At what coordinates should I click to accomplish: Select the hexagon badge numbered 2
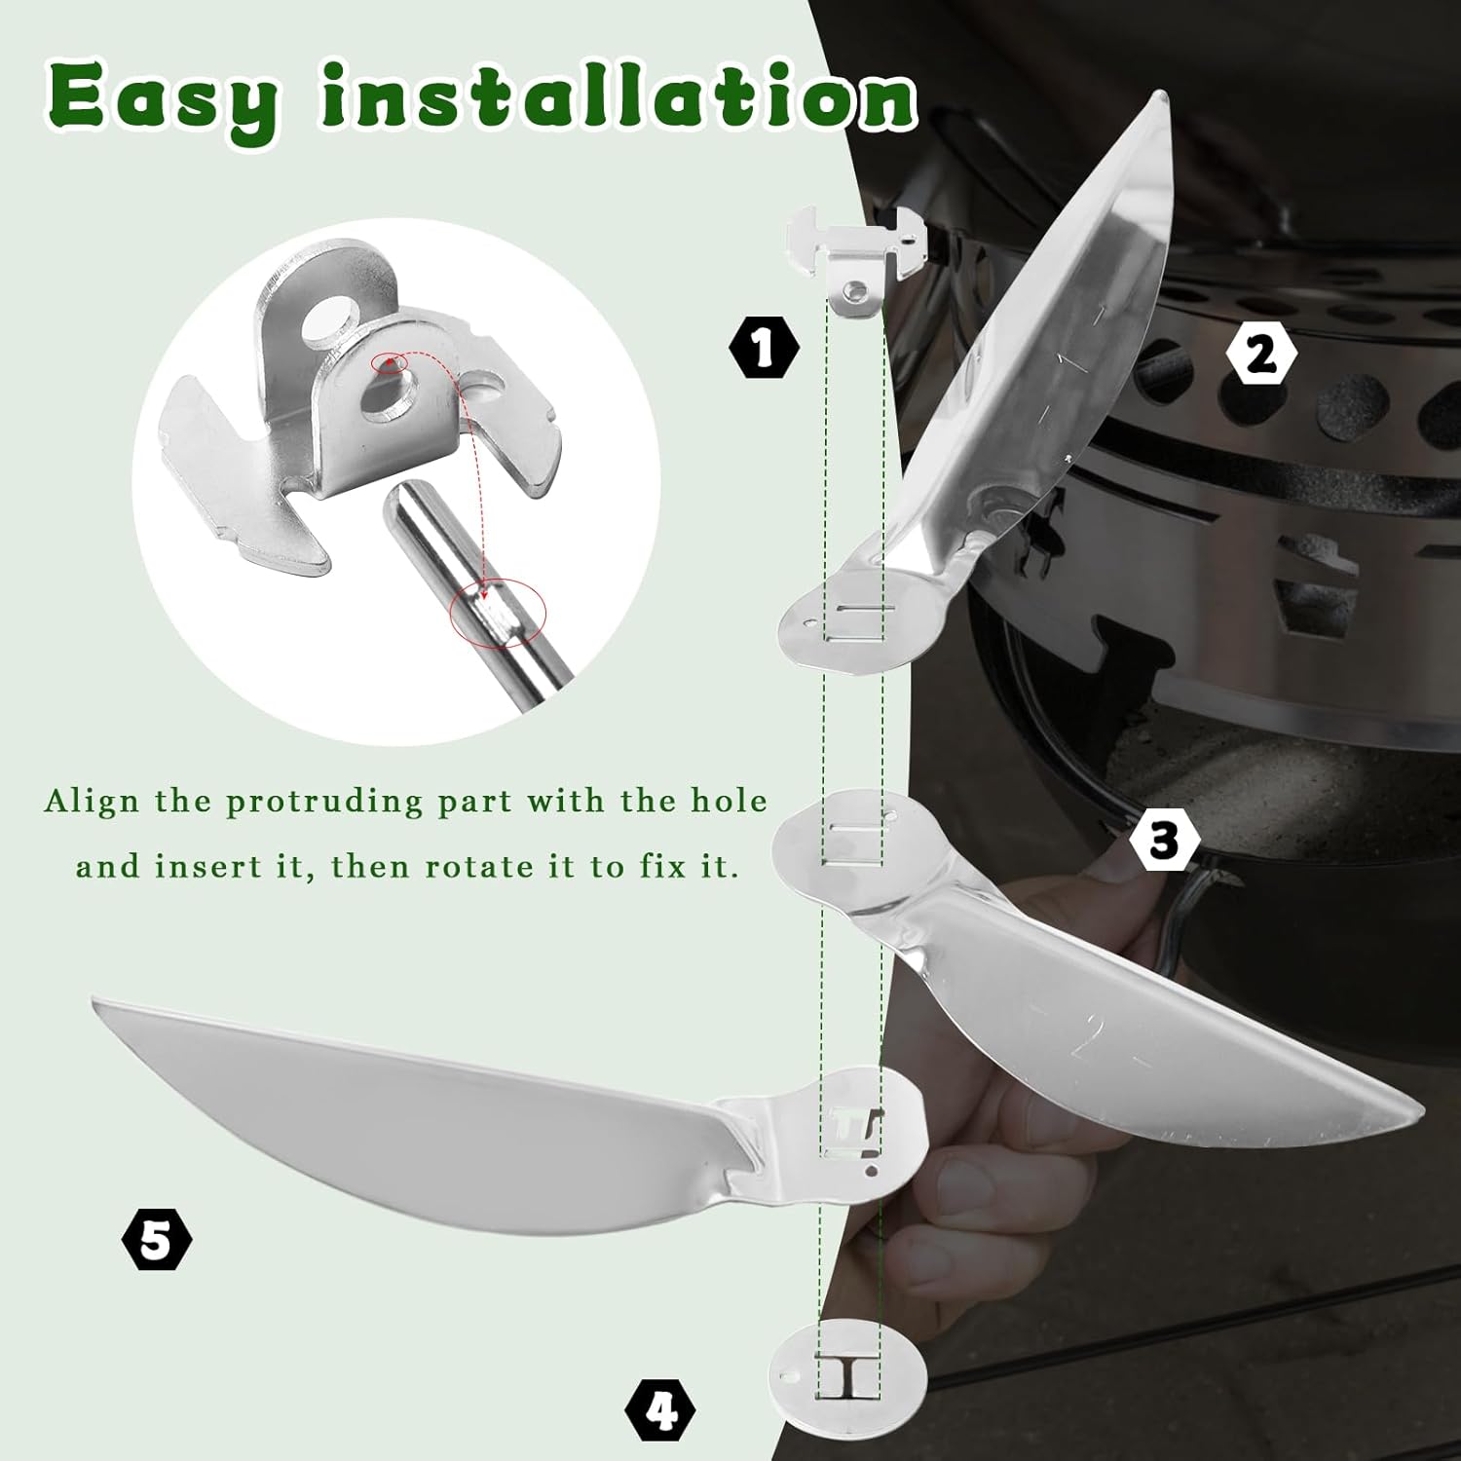(1261, 355)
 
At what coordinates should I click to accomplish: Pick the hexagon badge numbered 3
(1164, 840)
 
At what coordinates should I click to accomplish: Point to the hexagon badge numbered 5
(157, 1242)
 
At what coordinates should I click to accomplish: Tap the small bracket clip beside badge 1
(853, 258)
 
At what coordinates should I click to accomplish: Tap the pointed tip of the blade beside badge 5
(94, 1001)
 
